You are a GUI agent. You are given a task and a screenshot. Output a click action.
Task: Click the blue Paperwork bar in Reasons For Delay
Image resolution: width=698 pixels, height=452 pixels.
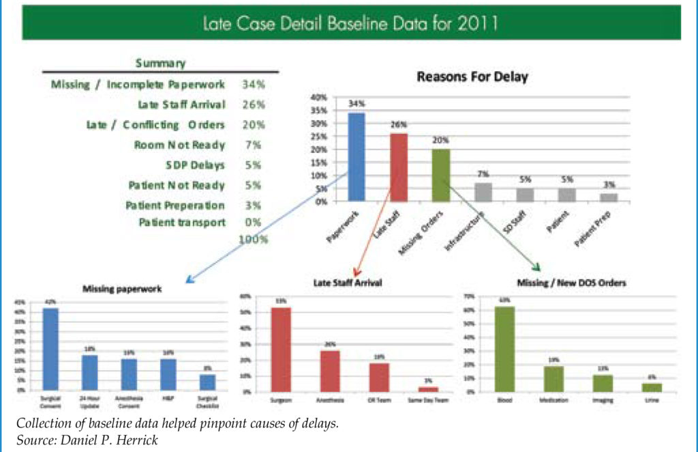coord(356,157)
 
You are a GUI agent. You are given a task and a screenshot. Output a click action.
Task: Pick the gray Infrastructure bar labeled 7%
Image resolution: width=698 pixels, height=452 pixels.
coord(483,193)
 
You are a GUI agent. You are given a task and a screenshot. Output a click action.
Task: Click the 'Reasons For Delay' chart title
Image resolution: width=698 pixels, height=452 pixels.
coord(472,77)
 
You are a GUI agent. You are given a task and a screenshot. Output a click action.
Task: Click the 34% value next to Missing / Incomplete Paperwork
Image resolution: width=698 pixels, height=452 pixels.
coord(253,85)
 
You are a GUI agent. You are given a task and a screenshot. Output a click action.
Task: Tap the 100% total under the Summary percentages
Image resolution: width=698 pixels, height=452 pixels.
coord(253,240)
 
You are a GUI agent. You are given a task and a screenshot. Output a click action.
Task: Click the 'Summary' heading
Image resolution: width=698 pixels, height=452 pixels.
coord(160,63)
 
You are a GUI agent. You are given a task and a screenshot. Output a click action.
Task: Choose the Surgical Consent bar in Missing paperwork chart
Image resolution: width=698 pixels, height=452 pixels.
coord(50,348)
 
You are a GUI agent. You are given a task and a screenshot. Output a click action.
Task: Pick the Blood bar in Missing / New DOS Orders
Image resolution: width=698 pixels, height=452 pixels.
coord(504,350)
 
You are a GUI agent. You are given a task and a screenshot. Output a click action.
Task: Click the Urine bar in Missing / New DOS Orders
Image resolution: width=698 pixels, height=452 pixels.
coord(652,387)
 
